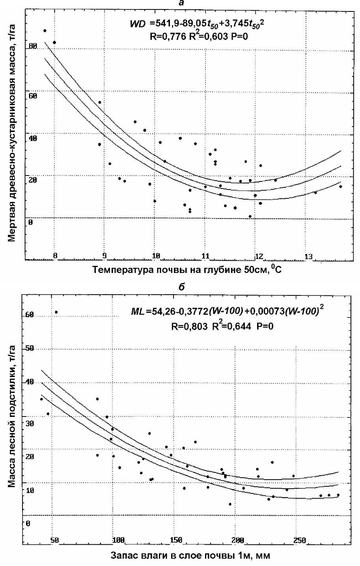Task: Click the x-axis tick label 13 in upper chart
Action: pyautogui.click(x=309, y=257)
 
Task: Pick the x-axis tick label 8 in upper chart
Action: pyautogui.click(x=55, y=256)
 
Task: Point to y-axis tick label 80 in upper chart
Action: pyautogui.click(x=32, y=47)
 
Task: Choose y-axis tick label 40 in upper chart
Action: pyautogui.click(x=32, y=138)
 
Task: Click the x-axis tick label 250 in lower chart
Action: pyautogui.click(x=300, y=540)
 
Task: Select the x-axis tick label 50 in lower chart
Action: pyautogui.click(x=55, y=540)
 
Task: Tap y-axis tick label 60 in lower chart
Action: pyautogui.click(x=30, y=315)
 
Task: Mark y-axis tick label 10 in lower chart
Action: pyautogui.click(x=30, y=490)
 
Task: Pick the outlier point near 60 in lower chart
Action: pyautogui.click(x=56, y=312)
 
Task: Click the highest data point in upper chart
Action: pyautogui.click(x=45, y=30)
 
